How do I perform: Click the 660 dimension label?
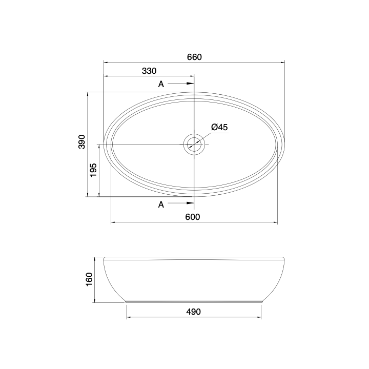pyautogui.click(x=194, y=57)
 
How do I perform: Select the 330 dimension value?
pyautogui.click(x=149, y=71)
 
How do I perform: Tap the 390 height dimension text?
pyautogui.click(x=81, y=141)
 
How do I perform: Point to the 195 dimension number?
pyautogui.click(x=93, y=170)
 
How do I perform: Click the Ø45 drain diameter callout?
pyautogui.click(x=219, y=127)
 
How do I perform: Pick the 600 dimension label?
pyautogui.click(x=193, y=217)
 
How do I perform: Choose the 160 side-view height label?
pyautogui.click(x=89, y=279)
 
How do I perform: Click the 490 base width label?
pyautogui.click(x=193, y=312)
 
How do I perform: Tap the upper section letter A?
pyautogui.click(x=161, y=84)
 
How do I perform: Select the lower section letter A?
pyautogui.click(x=161, y=204)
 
